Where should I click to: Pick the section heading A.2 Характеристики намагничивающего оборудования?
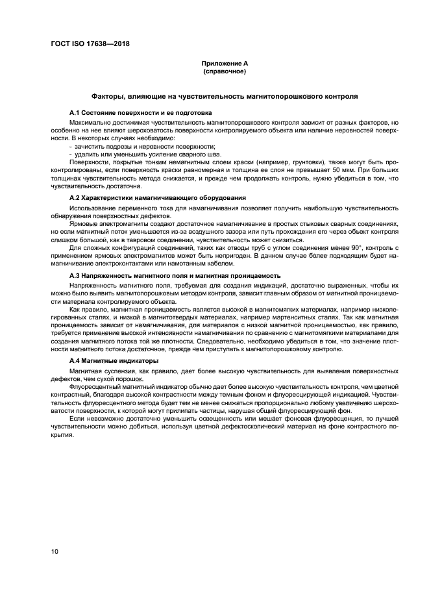click(x=157, y=197)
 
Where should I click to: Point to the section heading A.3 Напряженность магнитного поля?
click(x=175, y=276)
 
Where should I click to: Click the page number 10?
click(x=55, y=551)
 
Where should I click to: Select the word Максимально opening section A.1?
click(x=90, y=122)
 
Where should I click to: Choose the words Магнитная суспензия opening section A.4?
click(x=99, y=371)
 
